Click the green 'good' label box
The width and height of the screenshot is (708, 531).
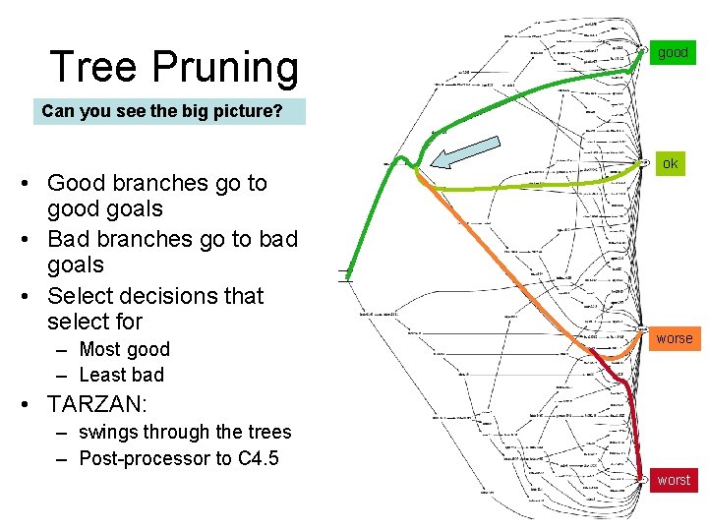tap(673, 52)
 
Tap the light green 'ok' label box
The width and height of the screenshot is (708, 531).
tap(670, 163)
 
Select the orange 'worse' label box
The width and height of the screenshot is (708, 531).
tap(675, 338)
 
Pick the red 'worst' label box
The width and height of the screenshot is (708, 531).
tap(674, 480)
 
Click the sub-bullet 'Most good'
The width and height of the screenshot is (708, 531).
tap(124, 349)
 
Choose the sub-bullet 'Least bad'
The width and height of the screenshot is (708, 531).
tap(121, 375)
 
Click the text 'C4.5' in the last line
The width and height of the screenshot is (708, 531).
tap(259, 458)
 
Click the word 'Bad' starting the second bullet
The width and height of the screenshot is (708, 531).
tap(68, 239)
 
